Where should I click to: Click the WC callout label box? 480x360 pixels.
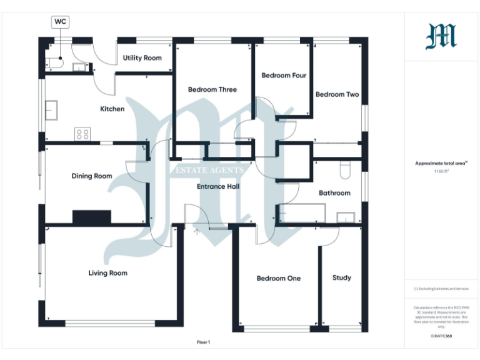[61, 22]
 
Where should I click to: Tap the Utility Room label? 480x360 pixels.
[142, 58]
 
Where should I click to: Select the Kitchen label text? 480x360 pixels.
[112, 109]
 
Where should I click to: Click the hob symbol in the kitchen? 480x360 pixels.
[82, 134]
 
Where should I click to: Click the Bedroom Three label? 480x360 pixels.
[212, 90]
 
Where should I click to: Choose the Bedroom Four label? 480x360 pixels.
[284, 76]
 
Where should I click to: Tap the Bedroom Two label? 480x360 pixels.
[337, 94]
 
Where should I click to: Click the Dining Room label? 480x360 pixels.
[92, 176]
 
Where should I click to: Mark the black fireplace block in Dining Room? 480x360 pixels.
[92, 217]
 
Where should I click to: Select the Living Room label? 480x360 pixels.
[107, 273]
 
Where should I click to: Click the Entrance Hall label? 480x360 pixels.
[218, 186]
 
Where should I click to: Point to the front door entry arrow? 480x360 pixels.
[197, 232]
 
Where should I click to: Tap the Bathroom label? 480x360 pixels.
[334, 193]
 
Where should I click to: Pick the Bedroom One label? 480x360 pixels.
[279, 278]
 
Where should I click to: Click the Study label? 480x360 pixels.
[341, 277]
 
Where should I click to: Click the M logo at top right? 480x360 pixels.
[441, 36]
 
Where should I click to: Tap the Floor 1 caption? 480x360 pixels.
[204, 342]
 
